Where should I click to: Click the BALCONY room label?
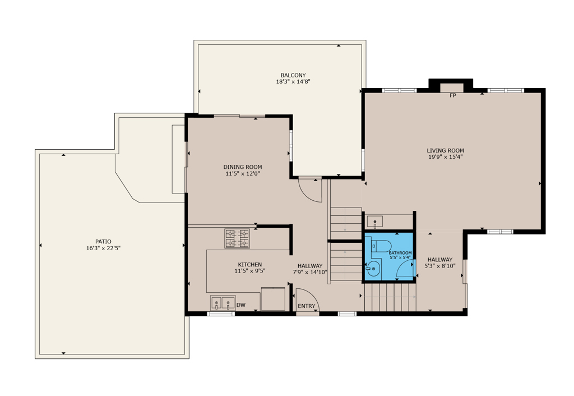point(293,76)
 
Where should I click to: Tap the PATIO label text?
point(103,241)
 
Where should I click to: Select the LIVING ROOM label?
point(445,150)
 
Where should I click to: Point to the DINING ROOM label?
point(242,167)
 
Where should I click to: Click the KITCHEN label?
point(249,265)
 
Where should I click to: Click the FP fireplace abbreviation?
point(453,95)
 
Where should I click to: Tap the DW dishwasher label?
point(241,305)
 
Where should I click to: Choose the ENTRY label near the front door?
point(307,306)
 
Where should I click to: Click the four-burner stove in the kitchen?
point(237,238)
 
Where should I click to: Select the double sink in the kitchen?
point(223,303)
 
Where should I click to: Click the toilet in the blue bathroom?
point(381,246)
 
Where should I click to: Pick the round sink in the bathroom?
point(373,269)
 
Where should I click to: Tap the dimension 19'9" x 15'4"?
point(445,157)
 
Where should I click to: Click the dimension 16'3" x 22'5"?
point(103,248)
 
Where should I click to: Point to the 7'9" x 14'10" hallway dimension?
point(309,272)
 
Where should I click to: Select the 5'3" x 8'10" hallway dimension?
point(439,266)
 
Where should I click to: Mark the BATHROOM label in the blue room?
point(400,253)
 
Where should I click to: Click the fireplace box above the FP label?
point(451,88)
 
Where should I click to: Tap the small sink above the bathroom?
point(375,222)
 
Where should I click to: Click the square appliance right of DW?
point(273,299)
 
